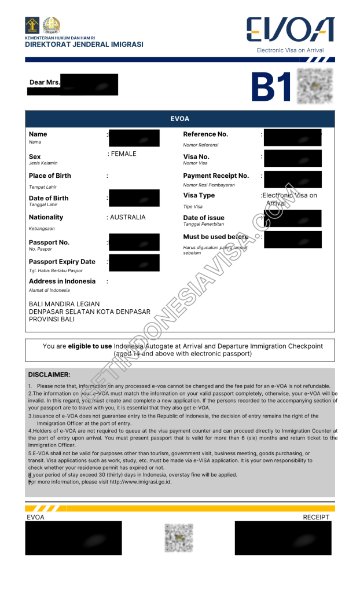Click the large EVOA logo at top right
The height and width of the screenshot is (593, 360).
click(x=290, y=30)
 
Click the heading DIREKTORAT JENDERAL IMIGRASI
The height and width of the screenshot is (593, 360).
click(x=84, y=45)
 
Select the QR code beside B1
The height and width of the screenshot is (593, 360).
click(x=315, y=86)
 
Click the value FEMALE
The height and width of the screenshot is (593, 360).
click(x=123, y=154)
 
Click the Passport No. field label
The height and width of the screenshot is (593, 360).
click(x=49, y=243)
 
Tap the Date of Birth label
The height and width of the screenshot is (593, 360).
click(x=49, y=198)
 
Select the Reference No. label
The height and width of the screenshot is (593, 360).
click(x=205, y=134)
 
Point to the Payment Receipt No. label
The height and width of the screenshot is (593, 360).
click(x=216, y=176)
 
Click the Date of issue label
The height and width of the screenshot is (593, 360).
click(x=204, y=218)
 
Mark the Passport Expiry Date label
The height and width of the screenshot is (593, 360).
click(x=62, y=262)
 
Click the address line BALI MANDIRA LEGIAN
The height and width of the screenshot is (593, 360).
click(x=64, y=304)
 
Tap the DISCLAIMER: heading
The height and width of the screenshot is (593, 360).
click(x=49, y=375)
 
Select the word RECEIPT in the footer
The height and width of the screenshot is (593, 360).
click(x=316, y=517)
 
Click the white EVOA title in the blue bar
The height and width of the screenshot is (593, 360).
click(x=179, y=119)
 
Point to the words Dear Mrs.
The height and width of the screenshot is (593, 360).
click(x=45, y=82)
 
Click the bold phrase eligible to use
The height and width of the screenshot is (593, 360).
click(x=90, y=346)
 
